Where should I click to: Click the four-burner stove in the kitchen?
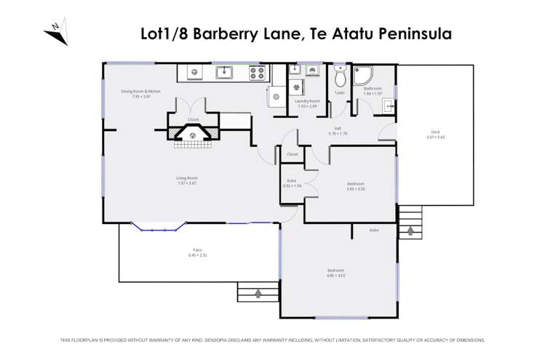(258, 72)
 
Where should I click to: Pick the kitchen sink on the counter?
(224, 72)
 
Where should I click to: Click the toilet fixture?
(339, 76)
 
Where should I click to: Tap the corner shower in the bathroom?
(362, 76)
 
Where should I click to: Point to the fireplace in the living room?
(193, 134)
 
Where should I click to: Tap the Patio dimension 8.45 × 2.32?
(198, 255)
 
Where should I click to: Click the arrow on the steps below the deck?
(410, 231)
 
